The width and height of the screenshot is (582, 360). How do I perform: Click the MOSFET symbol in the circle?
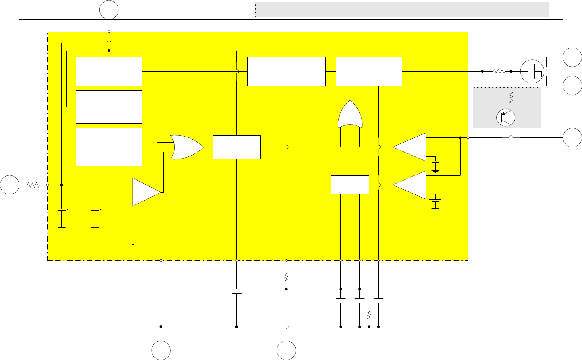[531, 71]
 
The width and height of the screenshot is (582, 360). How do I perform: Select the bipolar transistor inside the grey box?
[506, 117]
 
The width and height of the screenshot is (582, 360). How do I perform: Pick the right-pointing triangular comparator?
[146, 191]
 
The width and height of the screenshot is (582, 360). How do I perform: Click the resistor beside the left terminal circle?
[33, 185]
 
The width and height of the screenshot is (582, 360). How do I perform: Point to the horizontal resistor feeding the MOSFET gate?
[499, 71]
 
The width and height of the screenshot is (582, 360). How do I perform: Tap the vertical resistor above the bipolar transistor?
[511, 97]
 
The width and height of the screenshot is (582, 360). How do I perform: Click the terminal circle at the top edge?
[109, 10]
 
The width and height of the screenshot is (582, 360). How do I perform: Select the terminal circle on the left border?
[10, 185]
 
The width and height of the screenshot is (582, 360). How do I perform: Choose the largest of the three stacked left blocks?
[109, 147]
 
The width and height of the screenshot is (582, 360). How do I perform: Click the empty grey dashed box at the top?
[402, 10]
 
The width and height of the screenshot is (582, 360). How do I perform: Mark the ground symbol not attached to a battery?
[133, 242]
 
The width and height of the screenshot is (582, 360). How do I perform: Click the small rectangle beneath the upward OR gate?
[350, 185]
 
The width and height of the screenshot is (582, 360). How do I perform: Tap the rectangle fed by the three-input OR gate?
[237, 147]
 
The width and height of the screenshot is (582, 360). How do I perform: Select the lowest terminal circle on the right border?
[572, 137]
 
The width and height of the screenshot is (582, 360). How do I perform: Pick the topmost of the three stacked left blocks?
[109, 71]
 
